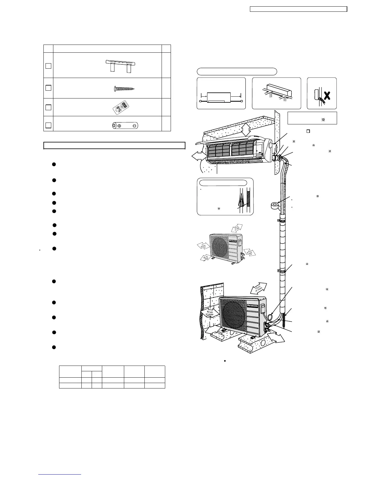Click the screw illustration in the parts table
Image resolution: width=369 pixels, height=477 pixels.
[125, 89]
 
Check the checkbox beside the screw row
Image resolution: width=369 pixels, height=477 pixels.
[48, 88]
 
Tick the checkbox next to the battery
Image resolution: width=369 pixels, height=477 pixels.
[48, 125]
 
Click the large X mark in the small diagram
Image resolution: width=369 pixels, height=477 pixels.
[327, 96]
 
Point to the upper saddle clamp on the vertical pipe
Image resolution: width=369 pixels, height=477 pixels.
[281, 221]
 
